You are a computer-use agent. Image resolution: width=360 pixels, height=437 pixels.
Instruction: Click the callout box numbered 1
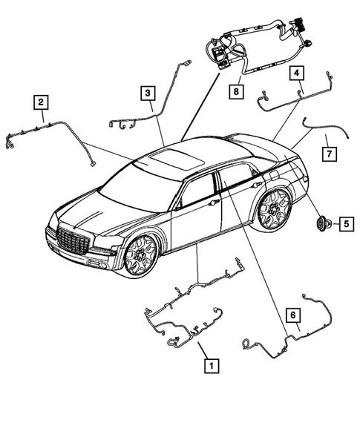[x=212, y=365]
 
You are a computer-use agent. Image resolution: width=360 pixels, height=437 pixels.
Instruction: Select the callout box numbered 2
[x=42, y=102]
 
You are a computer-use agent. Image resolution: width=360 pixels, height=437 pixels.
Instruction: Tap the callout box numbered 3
[x=149, y=92]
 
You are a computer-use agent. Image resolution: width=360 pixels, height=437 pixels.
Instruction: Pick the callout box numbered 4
[x=296, y=73]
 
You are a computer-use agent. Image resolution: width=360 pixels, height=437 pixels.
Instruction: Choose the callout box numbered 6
[x=294, y=316]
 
